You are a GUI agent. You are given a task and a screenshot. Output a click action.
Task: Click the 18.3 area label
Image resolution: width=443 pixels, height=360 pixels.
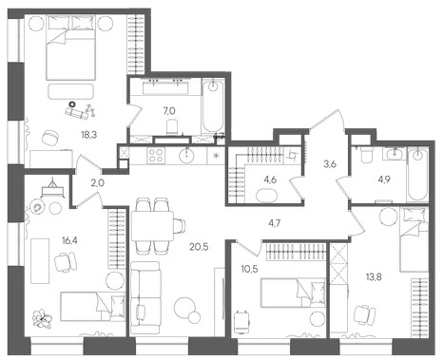(88, 135)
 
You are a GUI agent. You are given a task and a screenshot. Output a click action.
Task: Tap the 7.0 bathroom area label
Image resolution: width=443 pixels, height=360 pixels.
(169, 111)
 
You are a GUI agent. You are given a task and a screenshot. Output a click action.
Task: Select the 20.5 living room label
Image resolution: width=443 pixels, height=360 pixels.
(199, 247)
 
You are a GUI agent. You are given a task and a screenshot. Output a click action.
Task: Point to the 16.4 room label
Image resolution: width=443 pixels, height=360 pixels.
(69, 240)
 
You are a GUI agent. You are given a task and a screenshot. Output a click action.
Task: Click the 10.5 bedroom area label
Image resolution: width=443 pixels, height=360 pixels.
(249, 270)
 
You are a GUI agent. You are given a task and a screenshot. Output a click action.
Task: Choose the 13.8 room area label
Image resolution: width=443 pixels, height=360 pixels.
(374, 277)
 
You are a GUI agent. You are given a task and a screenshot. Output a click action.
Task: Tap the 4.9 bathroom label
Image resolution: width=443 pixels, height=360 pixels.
(383, 180)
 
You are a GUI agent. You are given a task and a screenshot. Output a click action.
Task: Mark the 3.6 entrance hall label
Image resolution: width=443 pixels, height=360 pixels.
(330, 164)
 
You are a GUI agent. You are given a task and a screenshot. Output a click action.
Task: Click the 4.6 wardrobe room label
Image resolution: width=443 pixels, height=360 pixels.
(270, 180)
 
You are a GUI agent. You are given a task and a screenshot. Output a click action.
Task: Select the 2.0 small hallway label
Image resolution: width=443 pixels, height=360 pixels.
(98, 182)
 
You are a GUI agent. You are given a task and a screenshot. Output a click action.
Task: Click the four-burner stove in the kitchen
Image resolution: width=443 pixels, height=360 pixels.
(156, 156)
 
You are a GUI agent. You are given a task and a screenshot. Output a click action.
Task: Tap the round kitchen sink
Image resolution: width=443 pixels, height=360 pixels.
(187, 156)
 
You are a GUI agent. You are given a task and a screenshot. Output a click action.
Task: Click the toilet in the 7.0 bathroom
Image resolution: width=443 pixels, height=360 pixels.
(173, 127)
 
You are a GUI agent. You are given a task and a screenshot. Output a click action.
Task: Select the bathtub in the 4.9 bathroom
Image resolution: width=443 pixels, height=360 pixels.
(418, 175)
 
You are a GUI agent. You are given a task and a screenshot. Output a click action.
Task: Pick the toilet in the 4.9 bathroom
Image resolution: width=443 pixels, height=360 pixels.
(367, 154)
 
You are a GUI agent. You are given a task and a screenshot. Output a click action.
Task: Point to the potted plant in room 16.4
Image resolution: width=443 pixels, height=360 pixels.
(43, 318)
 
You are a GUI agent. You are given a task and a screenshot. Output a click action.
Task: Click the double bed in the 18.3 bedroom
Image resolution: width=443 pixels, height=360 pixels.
(71, 47)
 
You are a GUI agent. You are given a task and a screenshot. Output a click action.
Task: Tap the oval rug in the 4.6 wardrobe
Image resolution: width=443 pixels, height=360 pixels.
(267, 196)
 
